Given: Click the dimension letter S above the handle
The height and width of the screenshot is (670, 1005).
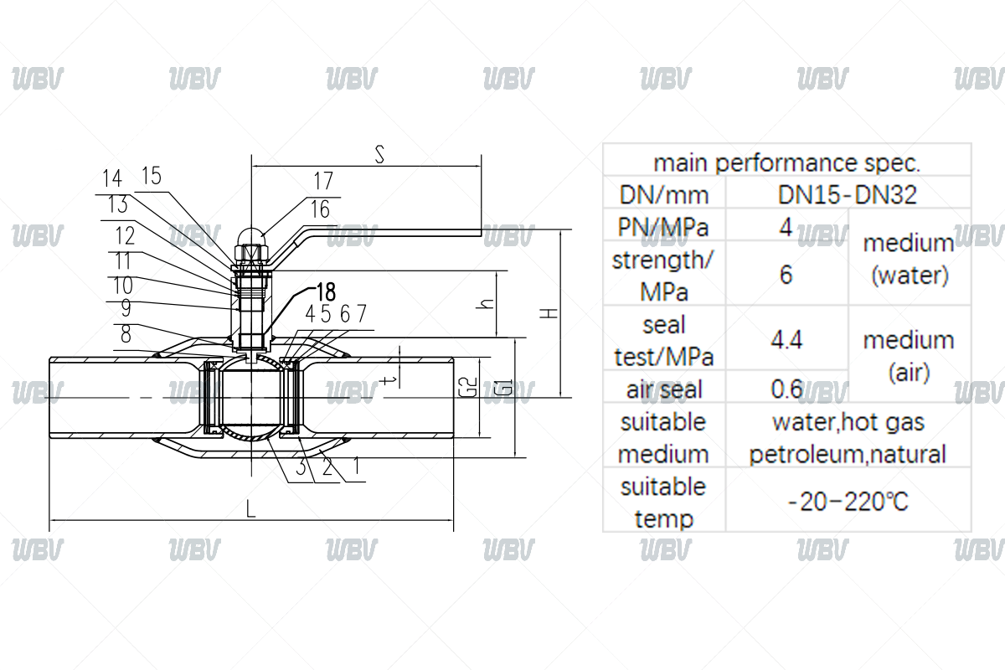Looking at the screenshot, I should tap(380, 155).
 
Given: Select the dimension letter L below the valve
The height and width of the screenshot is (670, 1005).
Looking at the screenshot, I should tap(251, 508).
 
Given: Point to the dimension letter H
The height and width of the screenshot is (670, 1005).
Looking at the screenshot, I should tap(549, 312).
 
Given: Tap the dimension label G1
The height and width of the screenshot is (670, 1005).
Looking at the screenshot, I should tap(502, 389).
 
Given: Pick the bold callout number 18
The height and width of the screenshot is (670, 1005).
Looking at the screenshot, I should tap(325, 292).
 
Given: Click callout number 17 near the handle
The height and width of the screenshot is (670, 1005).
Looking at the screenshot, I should tap(323, 181).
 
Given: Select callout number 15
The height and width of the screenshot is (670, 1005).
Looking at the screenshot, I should tap(152, 176).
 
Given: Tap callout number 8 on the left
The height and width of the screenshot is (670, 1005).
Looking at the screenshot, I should tap(126, 334).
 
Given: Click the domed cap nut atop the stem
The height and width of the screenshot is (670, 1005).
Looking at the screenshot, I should tap(250, 240).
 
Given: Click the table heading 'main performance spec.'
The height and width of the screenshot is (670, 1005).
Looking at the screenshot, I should tap(786, 162).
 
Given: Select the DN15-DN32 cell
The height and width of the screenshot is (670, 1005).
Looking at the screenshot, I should tap(848, 195).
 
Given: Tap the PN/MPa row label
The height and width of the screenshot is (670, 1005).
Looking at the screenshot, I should tap(663, 227).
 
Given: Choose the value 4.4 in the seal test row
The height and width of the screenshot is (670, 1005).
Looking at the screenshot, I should tap(786, 339).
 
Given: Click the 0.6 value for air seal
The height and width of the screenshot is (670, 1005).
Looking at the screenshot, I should tap(786, 389).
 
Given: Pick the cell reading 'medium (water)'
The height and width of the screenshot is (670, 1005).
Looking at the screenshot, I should tap(909, 259).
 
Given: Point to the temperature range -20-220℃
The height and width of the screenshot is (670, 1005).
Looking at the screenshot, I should tap(848, 502).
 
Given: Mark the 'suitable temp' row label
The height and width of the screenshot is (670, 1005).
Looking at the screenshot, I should tap(663, 502).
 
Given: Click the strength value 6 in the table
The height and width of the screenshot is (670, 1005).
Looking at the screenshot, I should tap(786, 275).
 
